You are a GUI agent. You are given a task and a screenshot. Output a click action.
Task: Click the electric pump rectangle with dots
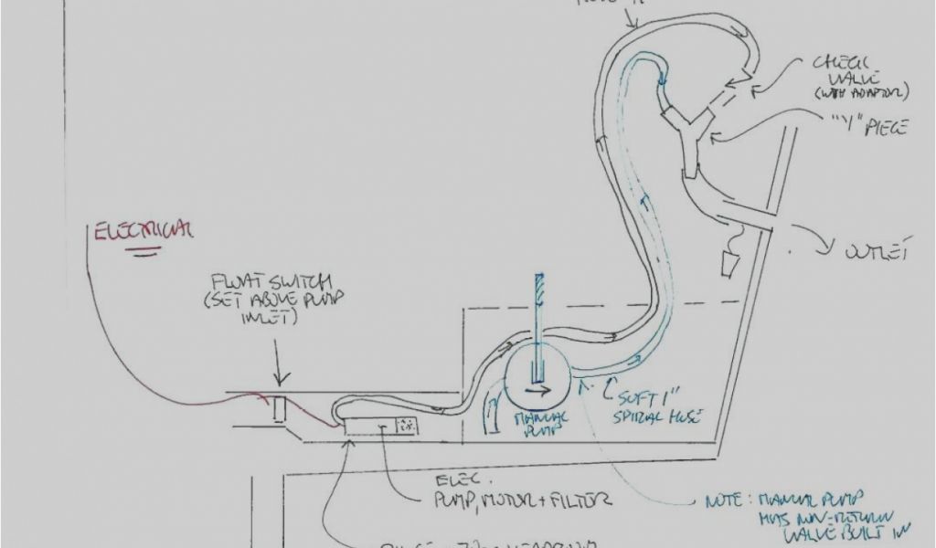tap(404, 425)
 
